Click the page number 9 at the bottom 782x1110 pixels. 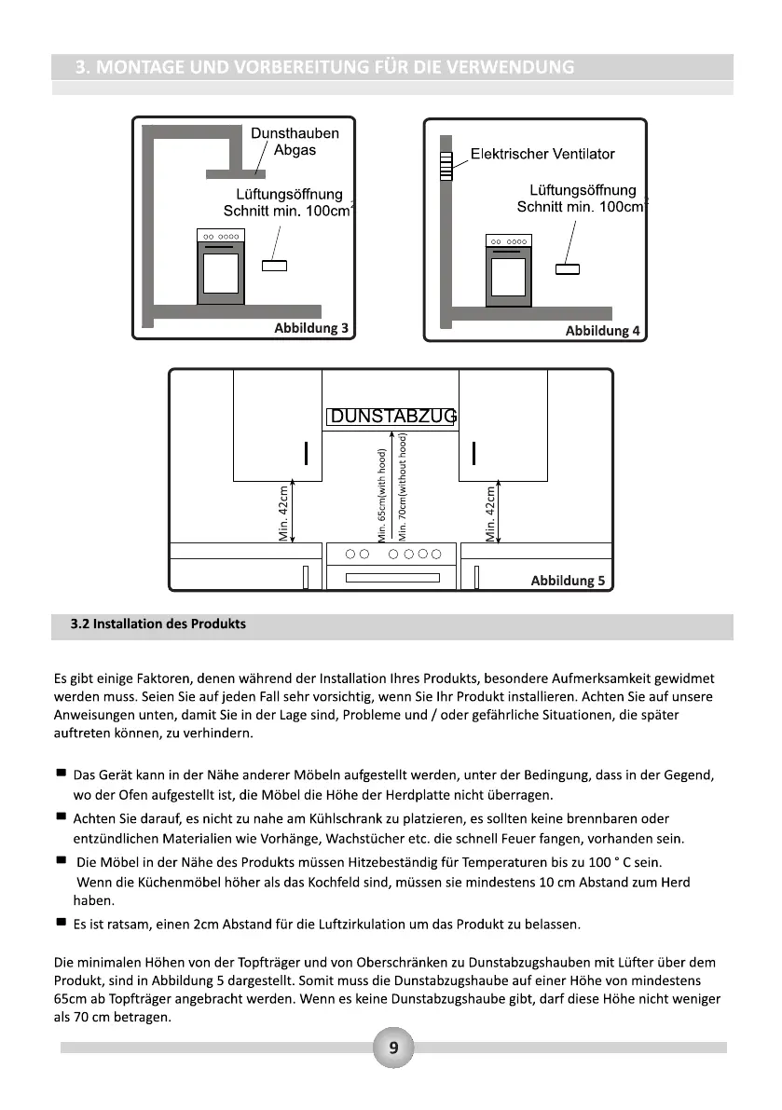(392, 1048)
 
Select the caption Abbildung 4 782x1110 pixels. (602, 331)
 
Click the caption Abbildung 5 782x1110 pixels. (567, 580)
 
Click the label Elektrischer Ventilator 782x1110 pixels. (542, 154)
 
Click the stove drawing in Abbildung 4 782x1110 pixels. (509, 270)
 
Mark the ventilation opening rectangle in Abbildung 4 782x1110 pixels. (567, 269)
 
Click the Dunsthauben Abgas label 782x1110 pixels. (295, 141)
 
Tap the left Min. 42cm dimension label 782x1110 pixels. (285, 512)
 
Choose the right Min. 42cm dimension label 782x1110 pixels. (491, 512)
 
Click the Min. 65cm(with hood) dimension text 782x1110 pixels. (382, 495)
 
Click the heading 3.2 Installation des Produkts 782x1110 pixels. (158, 624)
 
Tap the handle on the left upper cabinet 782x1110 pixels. (305, 452)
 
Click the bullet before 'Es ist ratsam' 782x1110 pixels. (61, 923)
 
